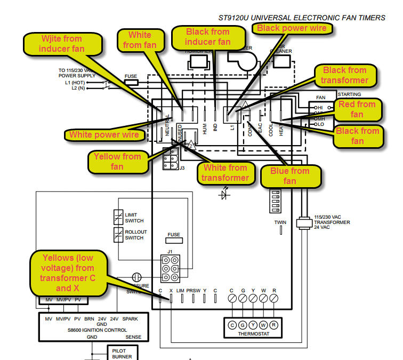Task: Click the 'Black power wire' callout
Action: coord(293,28)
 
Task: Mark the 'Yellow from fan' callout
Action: coord(117,162)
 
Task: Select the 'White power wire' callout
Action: coord(104,134)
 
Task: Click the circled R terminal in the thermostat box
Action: coord(274,325)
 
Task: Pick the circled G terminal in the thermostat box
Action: coord(243,325)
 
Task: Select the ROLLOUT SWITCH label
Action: coord(135,235)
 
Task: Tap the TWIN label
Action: coord(280,222)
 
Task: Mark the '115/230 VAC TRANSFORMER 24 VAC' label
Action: coord(332,222)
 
